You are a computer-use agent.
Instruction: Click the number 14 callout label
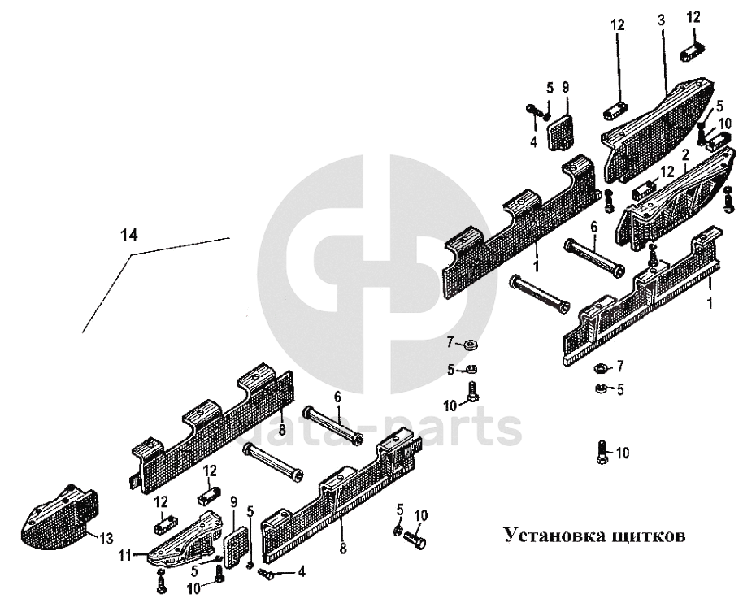[x=128, y=235]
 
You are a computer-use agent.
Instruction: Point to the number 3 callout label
[x=661, y=18]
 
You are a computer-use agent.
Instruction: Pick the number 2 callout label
[x=685, y=154]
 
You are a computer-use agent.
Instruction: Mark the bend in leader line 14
[x=131, y=254]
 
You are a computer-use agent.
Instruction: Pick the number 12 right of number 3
[x=694, y=18]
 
